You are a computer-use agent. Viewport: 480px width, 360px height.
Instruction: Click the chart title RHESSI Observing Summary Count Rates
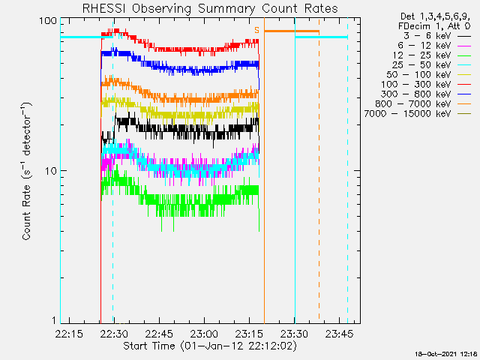(210, 8)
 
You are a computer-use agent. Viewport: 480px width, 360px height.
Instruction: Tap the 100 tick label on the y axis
(48, 21)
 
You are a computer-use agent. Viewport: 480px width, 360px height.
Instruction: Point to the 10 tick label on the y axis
(51, 171)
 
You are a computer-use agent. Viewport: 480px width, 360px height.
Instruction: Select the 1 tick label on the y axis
(54, 320)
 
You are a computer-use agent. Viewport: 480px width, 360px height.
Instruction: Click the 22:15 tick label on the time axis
(69, 333)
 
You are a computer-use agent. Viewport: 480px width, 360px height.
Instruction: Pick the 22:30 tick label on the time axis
(115, 333)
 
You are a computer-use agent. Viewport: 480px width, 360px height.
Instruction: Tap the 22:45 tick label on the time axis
(159, 333)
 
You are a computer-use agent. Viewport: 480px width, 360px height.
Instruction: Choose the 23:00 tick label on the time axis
(204, 333)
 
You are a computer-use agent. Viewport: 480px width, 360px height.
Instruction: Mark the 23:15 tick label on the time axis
(249, 333)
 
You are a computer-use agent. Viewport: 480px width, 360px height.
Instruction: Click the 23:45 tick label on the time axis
(339, 333)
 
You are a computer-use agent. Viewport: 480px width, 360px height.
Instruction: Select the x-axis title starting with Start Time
(210, 346)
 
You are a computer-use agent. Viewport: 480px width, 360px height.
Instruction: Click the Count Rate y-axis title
(27, 172)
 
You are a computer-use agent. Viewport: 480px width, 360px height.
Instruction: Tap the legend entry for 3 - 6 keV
(436, 36)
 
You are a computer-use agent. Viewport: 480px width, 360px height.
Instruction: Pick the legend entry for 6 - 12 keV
(434, 46)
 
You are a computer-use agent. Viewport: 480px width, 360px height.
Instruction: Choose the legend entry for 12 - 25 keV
(432, 55)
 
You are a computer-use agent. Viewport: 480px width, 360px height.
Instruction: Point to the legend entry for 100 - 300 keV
(426, 85)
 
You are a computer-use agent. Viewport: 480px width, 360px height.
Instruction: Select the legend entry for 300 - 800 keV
(426, 94)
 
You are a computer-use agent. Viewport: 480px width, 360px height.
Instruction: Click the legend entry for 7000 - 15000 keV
(418, 114)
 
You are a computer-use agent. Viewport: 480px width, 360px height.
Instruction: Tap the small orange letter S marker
(256, 30)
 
